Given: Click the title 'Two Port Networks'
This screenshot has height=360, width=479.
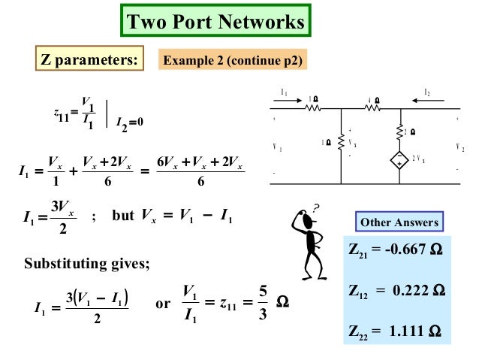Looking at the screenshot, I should [215, 22].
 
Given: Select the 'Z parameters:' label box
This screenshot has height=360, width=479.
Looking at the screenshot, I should [89, 60].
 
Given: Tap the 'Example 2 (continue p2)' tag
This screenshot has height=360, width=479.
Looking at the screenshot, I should [233, 60].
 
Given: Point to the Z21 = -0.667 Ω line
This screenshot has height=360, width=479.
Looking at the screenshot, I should [397, 252].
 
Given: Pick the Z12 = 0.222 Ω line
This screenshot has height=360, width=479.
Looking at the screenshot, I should [397, 291].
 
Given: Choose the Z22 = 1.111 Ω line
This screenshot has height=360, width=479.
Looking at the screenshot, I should [397, 329].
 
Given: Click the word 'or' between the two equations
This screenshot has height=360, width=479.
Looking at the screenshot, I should [162, 304].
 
